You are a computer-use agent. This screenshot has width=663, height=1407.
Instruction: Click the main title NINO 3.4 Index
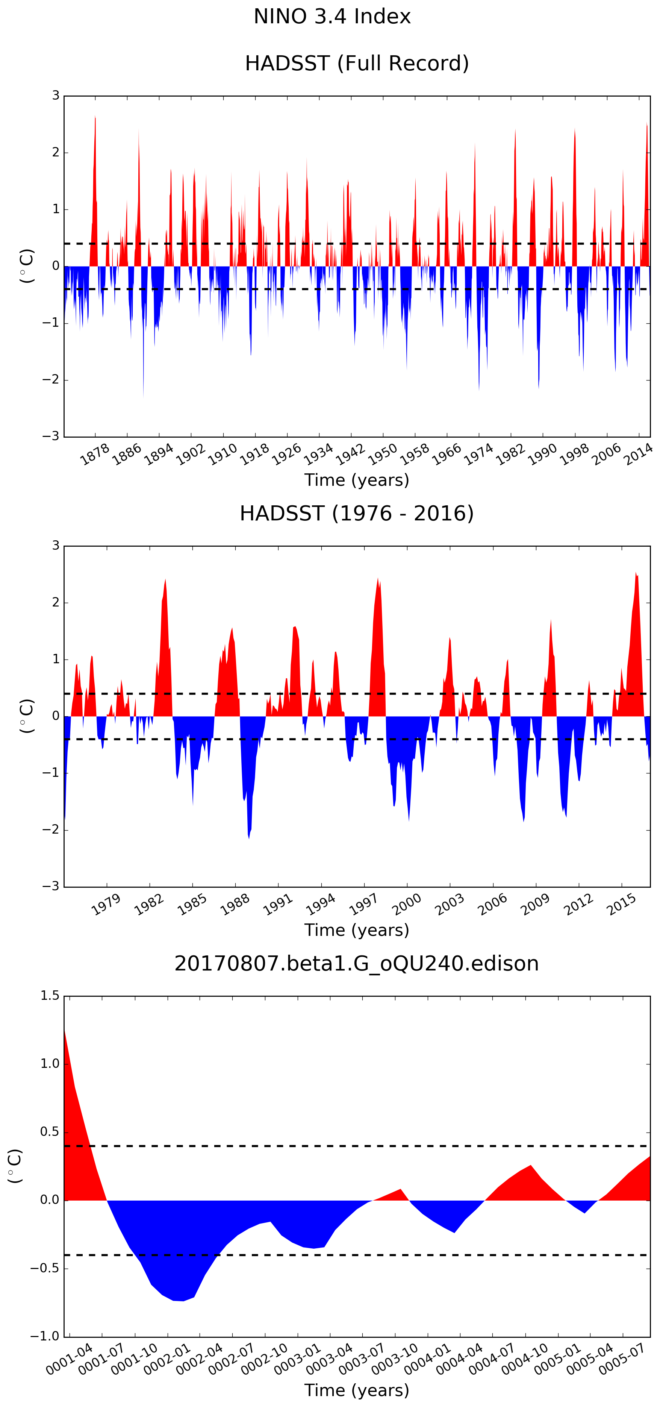tap(331, 17)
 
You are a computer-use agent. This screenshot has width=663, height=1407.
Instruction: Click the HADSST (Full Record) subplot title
tap(357, 64)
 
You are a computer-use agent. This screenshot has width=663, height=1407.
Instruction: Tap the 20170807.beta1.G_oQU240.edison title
tap(357, 963)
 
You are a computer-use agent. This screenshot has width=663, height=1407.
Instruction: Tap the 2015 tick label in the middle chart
tap(622, 905)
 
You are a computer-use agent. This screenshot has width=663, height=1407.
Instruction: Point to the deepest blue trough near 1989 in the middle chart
tap(249, 838)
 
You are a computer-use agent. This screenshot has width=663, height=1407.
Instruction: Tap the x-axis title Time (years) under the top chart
tap(357, 480)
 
